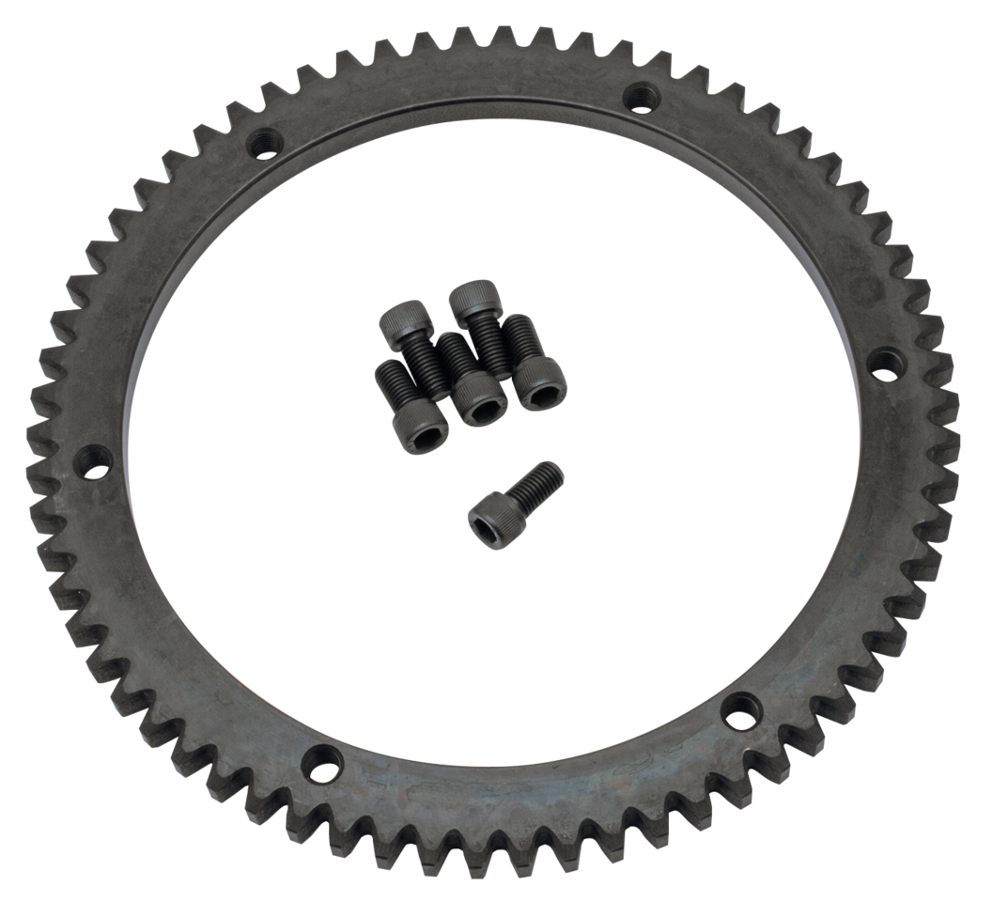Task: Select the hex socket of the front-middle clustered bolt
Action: (483, 412)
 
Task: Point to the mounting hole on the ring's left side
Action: (93, 460)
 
